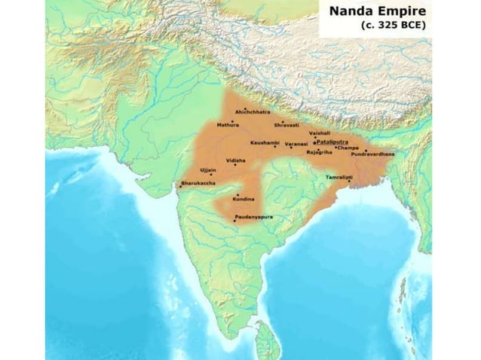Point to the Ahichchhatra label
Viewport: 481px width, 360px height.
point(253,111)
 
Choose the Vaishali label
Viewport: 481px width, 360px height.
point(320,133)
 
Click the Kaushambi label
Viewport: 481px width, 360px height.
point(265,142)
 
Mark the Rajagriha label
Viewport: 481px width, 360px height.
point(319,152)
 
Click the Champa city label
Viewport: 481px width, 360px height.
point(348,148)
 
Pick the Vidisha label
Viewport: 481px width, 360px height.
point(236,160)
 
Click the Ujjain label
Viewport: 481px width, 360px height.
point(209,171)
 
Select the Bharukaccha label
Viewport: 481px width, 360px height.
point(197,183)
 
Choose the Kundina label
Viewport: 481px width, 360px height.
point(244,199)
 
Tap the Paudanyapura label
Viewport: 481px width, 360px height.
point(253,217)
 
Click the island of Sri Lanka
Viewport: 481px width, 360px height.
point(266,340)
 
